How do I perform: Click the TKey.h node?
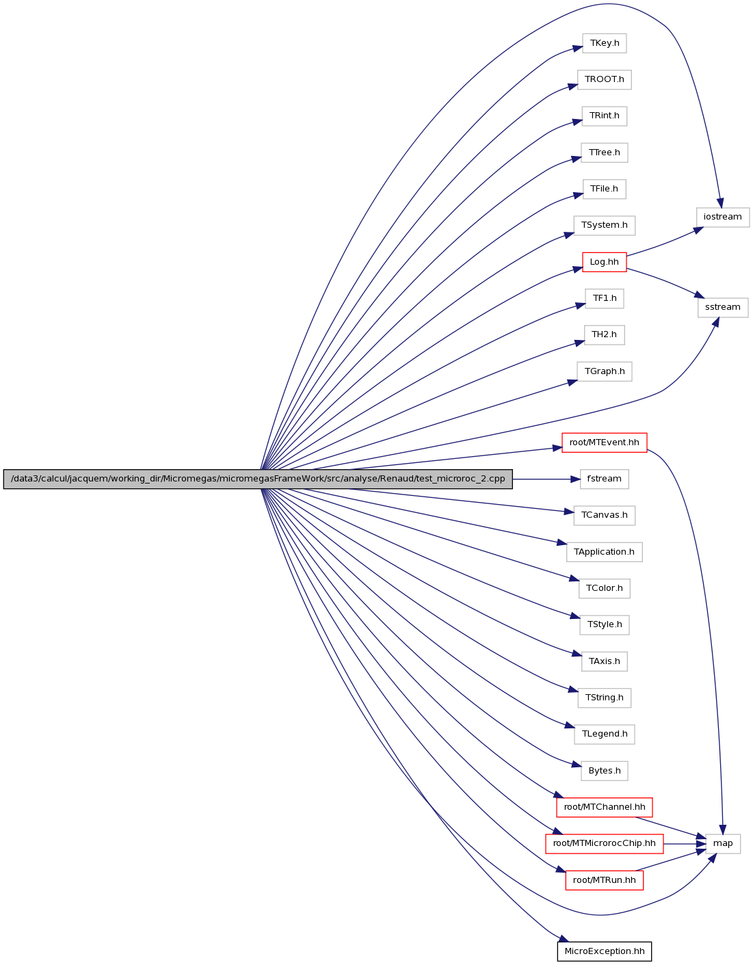[605, 43]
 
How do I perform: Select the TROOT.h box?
[605, 79]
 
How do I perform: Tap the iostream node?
[723, 217]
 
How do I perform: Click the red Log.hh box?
[605, 262]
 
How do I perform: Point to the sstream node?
[723, 307]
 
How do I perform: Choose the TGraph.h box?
[605, 371]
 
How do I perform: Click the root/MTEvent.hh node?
[605, 442]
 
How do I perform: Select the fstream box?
[605, 479]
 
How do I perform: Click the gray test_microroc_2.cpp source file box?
[258, 479]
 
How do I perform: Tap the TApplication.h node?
[605, 552]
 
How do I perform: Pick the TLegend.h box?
[605, 734]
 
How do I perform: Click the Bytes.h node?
[605, 771]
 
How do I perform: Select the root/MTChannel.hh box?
[605, 807]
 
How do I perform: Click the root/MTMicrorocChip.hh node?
[605, 844]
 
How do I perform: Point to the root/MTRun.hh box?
[605, 880]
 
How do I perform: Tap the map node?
[723, 844]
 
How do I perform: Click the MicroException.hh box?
[605, 952]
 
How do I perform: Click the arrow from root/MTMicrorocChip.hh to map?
[684, 844]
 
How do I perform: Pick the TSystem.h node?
[605, 226]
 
